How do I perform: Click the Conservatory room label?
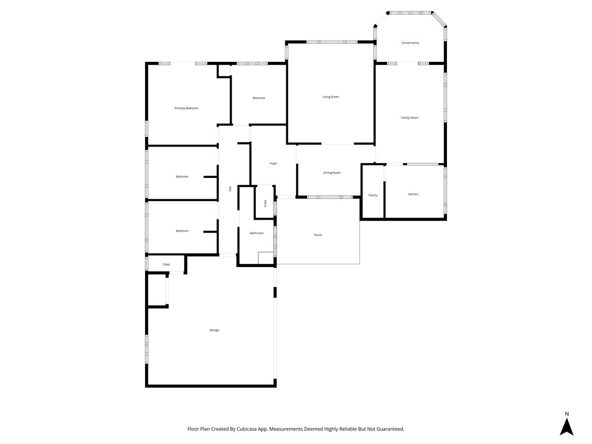410,43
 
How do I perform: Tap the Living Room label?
331,97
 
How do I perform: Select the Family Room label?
410,118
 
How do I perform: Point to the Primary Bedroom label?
186,108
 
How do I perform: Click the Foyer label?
273,163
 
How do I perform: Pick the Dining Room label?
332,173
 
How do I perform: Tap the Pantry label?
373,195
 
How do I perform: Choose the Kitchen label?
413,194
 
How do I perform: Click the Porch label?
318,235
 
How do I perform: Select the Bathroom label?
257,233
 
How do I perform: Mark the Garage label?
214,330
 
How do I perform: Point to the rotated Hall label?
230,189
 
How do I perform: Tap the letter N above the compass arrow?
567,414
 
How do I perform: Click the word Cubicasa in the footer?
246,429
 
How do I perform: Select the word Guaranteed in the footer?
387,429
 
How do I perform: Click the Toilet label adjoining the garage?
166,265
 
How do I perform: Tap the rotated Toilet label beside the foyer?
265,204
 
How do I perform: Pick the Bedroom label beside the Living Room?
259,98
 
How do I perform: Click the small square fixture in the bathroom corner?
266,258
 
